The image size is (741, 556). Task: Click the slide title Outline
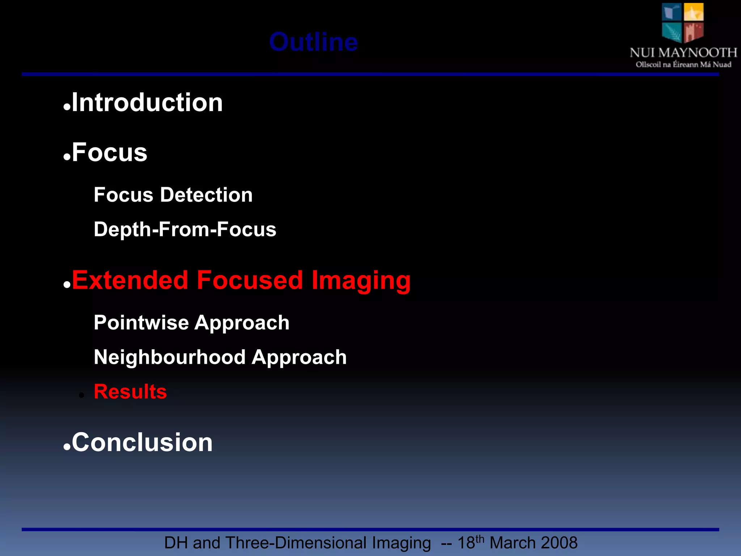(313, 42)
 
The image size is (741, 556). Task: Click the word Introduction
(147, 102)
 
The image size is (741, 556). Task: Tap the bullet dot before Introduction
(67, 107)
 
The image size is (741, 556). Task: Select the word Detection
(206, 195)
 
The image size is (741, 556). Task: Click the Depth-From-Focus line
(185, 229)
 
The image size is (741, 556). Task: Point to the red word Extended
(130, 280)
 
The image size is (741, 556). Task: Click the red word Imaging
(361, 281)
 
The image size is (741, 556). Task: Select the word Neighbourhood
(170, 357)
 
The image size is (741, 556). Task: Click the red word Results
(130, 392)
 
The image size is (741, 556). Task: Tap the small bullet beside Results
(81, 395)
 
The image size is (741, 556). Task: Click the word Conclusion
(142, 442)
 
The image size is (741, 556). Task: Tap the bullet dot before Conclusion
(67, 447)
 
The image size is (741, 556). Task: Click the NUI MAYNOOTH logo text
(683, 53)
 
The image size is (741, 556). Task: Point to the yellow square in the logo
(693, 12)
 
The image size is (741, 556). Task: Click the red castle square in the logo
(693, 32)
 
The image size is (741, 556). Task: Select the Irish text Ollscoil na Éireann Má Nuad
(683, 65)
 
